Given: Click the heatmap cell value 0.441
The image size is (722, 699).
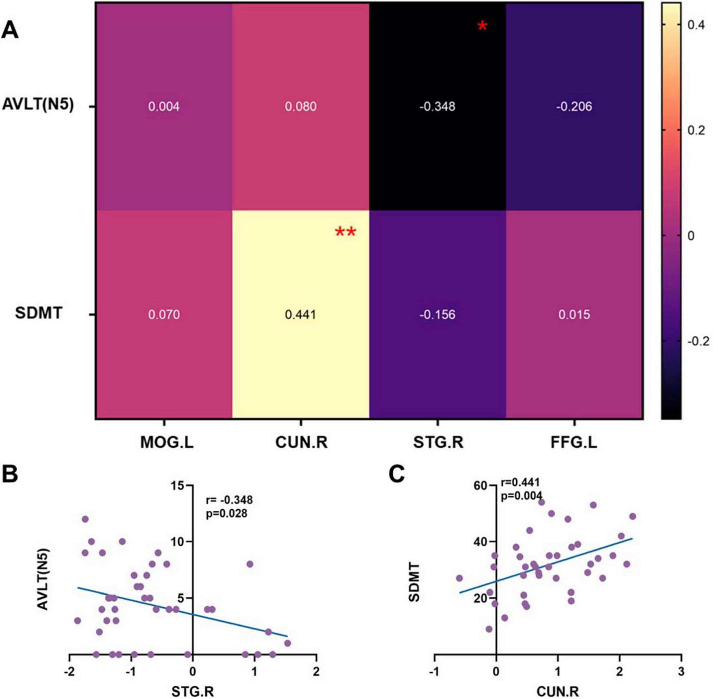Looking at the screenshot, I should [x=300, y=314].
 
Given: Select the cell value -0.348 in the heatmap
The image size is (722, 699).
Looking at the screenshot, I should [x=437, y=107].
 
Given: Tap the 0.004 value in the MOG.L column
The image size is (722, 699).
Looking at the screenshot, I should [x=163, y=107].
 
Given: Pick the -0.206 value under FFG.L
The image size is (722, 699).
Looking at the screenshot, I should [x=574, y=107].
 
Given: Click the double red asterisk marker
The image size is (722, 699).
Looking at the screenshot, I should [x=346, y=233].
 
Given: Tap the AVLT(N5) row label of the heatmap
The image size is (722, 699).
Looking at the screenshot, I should [x=38, y=104].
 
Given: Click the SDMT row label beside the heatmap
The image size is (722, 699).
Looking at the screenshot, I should [x=39, y=313].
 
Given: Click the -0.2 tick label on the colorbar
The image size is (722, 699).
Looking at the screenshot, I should [x=698, y=341].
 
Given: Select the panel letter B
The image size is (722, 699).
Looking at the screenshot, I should [x=10, y=474].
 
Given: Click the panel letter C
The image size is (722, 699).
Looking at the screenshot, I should [x=396, y=474].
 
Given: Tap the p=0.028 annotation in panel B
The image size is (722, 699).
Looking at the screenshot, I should [x=227, y=514].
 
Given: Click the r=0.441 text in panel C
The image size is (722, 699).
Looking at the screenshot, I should [x=520, y=482].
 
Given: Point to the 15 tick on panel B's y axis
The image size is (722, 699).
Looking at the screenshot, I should [x=177, y=486].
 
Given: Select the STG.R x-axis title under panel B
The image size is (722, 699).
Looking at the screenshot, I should [x=192, y=691].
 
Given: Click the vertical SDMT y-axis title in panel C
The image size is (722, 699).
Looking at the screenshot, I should [x=414, y=582].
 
